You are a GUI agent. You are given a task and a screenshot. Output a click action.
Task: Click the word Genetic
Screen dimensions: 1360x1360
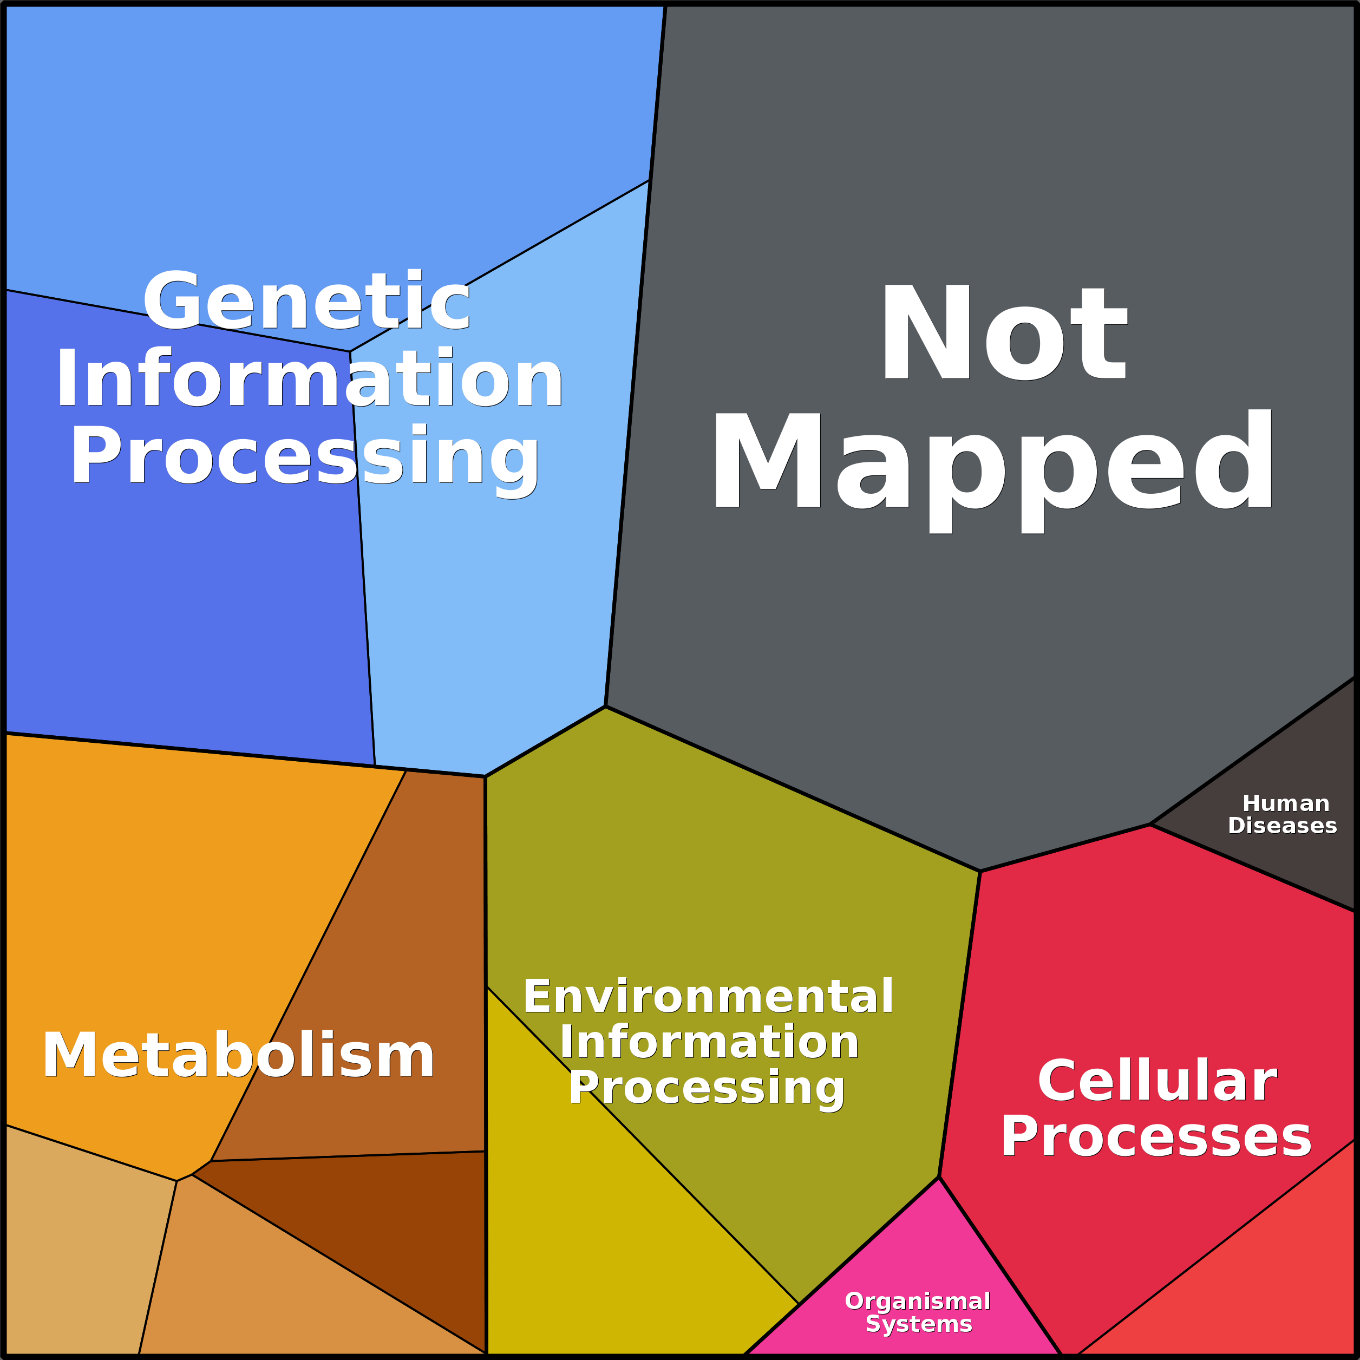pyautogui.click(x=306, y=300)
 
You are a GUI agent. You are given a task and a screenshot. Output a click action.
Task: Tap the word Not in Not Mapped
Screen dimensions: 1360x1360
pyautogui.click(x=1004, y=332)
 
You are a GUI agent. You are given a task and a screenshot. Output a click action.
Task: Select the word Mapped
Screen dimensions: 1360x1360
pyautogui.click(x=992, y=472)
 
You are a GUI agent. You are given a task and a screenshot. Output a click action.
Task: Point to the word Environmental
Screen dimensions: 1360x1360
pyautogui.click(x=708, y=997)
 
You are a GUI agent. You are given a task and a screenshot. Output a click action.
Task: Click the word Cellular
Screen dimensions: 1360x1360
pyautogui.click(x=1156, y=1081)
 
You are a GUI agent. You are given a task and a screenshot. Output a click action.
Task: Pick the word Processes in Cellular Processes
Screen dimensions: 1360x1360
pyautogui.click(x=1156, y=1137)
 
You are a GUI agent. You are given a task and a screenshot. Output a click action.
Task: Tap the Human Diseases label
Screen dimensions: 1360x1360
pyautogui.click(x=1283, y=814)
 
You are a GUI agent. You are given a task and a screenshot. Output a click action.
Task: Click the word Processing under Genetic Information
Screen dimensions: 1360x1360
pyautogui.click(x=305, y=457)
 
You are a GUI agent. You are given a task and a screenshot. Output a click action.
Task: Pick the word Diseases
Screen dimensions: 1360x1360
pyautogui.click(x=1283, y=826)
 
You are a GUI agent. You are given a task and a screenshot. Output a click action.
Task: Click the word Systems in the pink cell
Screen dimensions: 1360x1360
pyautogui.click(x=919, y=1324)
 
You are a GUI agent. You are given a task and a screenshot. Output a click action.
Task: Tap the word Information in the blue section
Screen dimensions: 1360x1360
pyautogui.click(x=310, y=379)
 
